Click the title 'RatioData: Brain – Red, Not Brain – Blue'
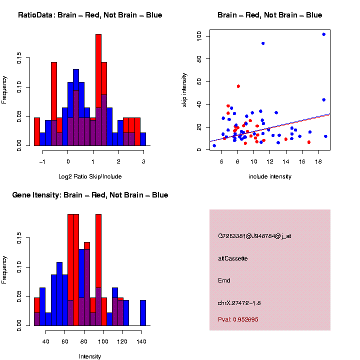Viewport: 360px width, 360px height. [90, 15]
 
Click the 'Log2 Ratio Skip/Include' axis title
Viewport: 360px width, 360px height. [90, 176]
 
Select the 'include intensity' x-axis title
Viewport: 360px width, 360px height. [270, 176]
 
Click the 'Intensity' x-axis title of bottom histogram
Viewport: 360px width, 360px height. [90, 356]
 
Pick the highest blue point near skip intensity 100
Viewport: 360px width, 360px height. [324, 34]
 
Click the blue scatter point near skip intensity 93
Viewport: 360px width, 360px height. [263, 43]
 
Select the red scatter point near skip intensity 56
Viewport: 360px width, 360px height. [238, 86]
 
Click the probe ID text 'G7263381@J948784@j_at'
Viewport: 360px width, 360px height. [254, 236]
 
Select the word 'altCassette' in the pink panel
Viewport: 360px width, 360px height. [233, 258]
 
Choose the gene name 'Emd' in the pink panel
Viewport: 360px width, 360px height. [224, 280]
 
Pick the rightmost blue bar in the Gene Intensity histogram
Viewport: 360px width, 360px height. [143, 312]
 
